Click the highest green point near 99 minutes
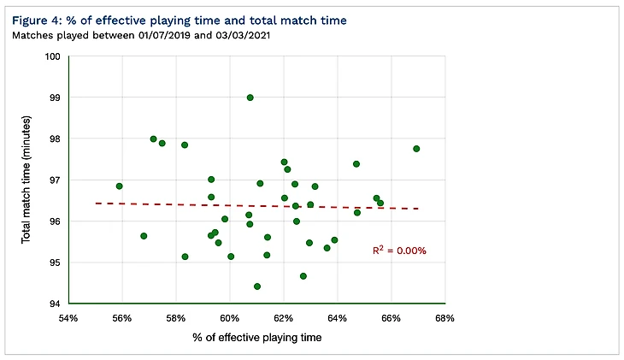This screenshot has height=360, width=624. [250, 97]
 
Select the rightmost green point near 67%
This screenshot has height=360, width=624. [416, 149]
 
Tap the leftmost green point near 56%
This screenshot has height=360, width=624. [120, 186]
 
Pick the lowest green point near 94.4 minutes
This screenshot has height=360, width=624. [257, 286]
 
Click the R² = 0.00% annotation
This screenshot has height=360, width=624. [398, 251]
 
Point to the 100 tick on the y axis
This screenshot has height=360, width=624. [54, 56]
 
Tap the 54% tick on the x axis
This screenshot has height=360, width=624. [68, 318]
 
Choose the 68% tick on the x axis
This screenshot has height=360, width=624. [444, 318]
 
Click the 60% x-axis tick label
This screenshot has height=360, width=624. [229, 318]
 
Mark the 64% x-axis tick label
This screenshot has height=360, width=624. [337, 318]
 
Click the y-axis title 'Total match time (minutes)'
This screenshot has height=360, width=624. [27, 180]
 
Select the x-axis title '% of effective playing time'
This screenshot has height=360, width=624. [256, 339]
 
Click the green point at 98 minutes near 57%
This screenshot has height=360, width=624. [154, 139]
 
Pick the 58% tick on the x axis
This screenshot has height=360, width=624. [176, 318]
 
